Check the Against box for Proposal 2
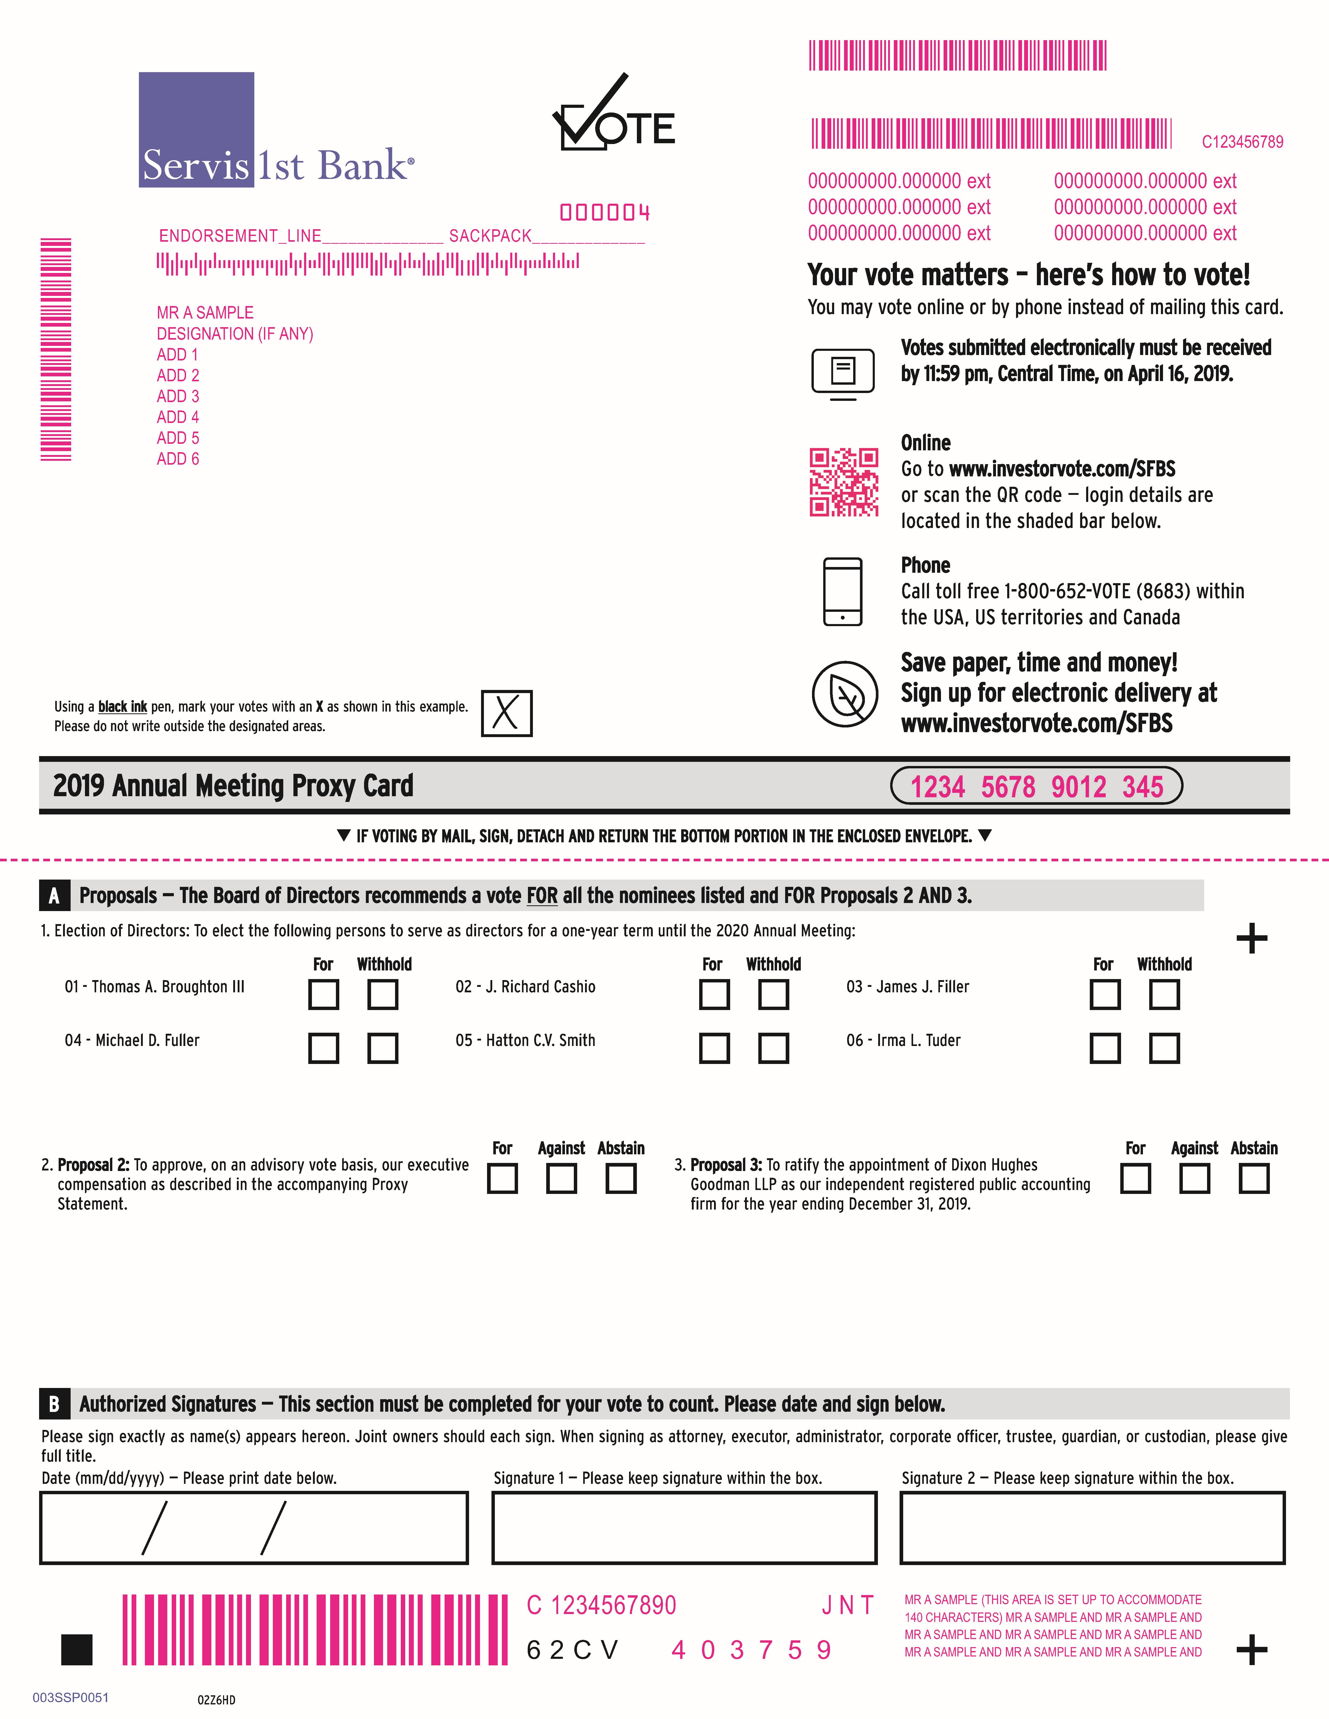(561, 1178)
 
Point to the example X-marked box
(506, 713)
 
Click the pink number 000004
(605, 213)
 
